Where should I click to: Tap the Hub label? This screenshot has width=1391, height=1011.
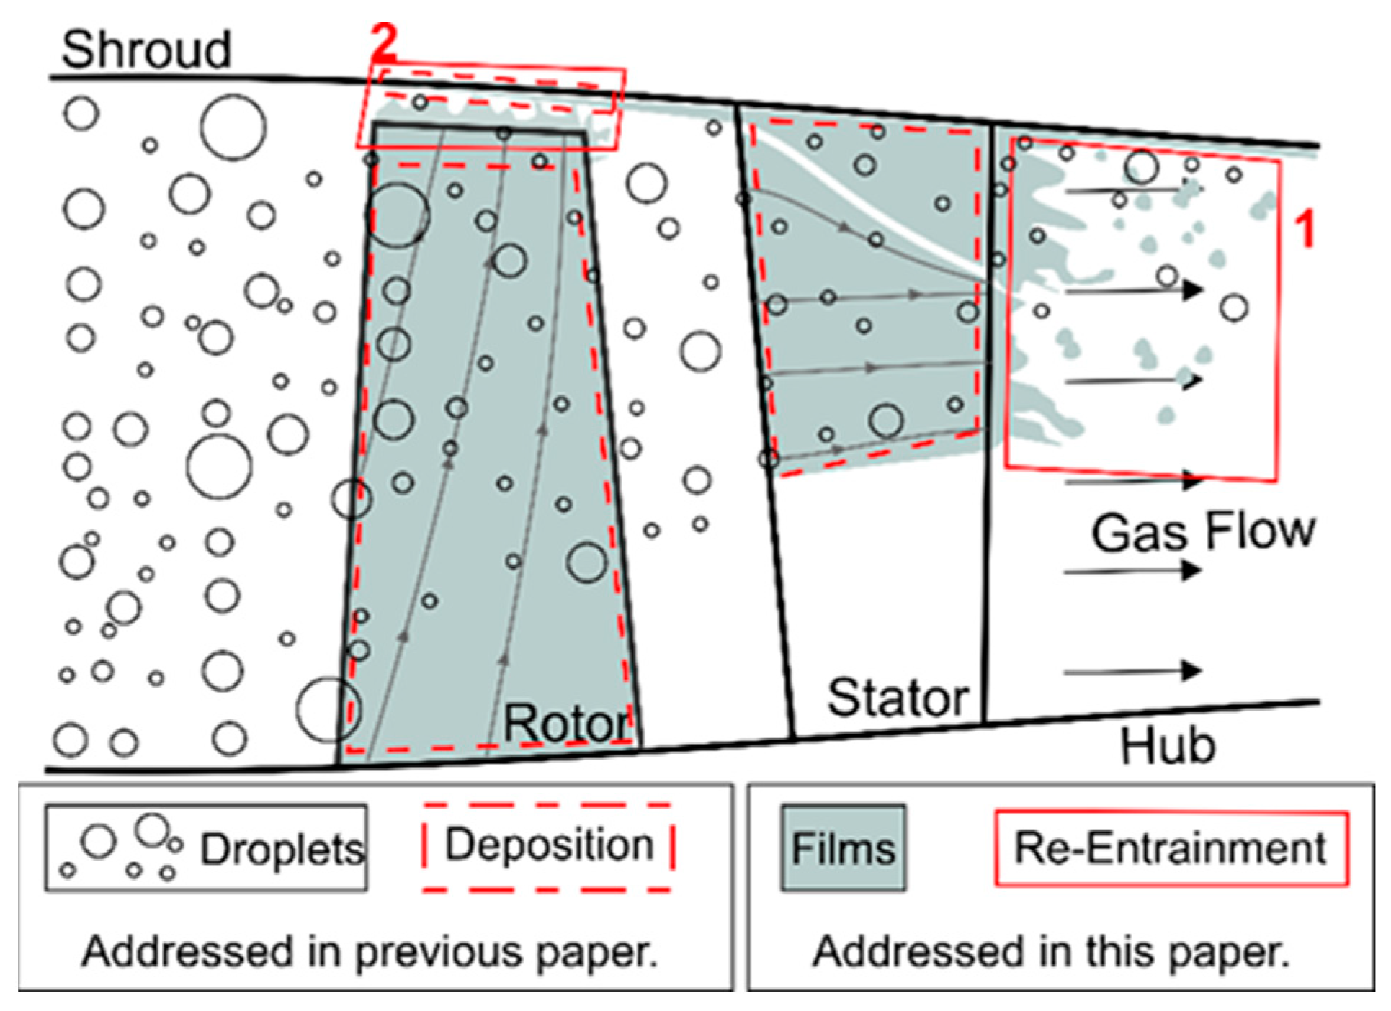1168,745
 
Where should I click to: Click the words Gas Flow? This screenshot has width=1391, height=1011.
1202,532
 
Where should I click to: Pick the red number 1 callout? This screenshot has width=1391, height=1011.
1305,230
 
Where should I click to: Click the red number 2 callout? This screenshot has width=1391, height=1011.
384,41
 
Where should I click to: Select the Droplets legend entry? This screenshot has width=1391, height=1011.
206,848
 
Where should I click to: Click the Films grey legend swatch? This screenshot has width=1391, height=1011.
843,848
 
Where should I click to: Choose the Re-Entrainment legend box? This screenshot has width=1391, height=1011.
1170,848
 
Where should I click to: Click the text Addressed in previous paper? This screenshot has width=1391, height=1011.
370,952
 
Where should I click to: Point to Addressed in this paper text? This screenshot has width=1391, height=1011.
1051,952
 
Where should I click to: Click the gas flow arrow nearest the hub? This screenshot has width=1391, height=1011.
1131,671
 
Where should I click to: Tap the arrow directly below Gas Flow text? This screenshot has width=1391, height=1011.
1131,571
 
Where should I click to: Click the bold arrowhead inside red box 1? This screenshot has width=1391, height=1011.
1192,289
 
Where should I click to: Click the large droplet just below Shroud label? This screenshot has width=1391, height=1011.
233,127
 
